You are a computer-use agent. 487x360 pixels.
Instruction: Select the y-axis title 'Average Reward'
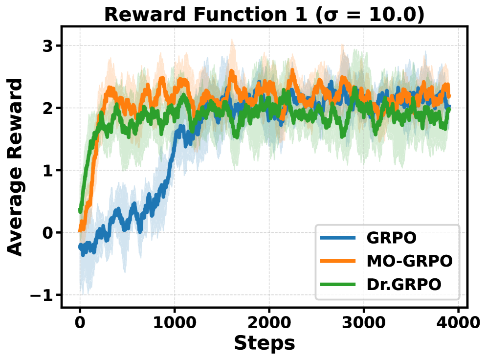(16, 167)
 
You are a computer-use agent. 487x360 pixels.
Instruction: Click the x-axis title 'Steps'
(264, 343)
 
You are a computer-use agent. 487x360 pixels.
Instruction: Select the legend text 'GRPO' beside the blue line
(392, 238)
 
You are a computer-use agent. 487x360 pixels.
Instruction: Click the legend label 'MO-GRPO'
(409, 261)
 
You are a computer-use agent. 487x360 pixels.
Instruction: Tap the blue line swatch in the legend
(338, 238)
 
